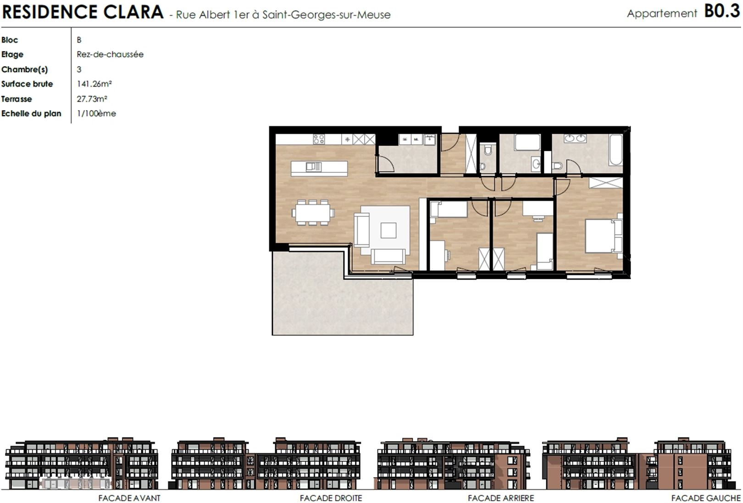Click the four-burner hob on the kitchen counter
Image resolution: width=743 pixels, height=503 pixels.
tap(319, 139)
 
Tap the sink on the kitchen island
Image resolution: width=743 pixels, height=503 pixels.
tap(313, 166)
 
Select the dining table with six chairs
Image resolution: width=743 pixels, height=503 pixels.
tap(313, 212)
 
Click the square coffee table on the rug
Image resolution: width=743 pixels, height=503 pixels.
tap(388, 231)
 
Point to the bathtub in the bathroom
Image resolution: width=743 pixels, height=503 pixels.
tap(615, 149)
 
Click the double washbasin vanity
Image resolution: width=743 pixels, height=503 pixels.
tap(575, 138)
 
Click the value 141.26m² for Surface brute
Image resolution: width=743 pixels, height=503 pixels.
tap(94, 84)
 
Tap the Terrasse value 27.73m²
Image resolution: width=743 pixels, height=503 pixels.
tap(92, 99)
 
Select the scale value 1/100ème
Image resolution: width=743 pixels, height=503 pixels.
tap(96, 113)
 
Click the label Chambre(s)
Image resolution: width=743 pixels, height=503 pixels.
tap(25, 69)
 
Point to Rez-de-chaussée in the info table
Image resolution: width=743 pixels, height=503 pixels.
tap(110, 55)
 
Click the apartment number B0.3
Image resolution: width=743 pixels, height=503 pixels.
tap(722, 11)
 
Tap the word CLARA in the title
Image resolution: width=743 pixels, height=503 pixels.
tap(133, 12)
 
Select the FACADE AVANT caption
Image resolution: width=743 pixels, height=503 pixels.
tap(129, 498)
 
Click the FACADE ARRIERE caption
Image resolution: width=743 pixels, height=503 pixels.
tap(501, 498)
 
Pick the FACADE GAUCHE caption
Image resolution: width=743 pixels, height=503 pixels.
tap(706, 498)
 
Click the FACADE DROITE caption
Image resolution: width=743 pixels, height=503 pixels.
tap(331, 498)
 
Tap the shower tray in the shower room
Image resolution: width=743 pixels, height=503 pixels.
tap(527, 142)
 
